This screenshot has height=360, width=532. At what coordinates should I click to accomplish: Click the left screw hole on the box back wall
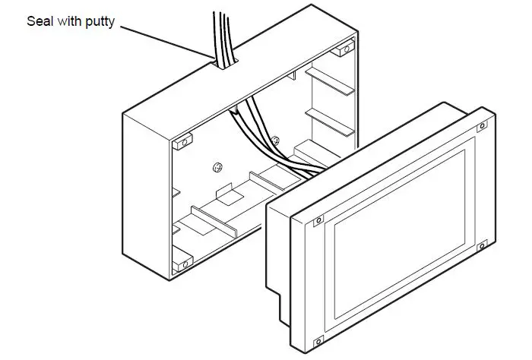coord(218,167)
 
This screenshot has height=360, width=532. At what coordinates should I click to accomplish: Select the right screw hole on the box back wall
coord(275,140)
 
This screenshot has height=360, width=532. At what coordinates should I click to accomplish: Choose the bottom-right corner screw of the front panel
coord(480,245)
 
